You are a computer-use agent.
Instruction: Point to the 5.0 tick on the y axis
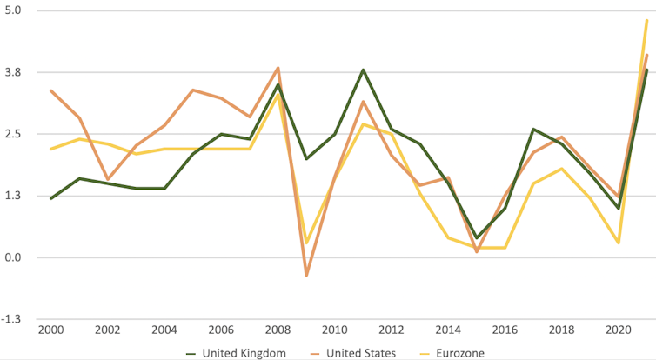click(x=14, y=10)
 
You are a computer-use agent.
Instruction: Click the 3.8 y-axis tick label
click(x=14, y=72)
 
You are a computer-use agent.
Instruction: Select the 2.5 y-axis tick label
click(x=14, y=134)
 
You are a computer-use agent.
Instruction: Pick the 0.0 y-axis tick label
click(x=14, y=257)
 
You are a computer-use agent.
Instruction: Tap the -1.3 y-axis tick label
click(x=13, y=319)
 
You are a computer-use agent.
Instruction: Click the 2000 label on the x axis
click(x=50, y=331)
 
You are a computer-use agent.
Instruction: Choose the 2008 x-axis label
click(x=278, y=331)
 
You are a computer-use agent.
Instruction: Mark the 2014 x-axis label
click(x=448, y=331)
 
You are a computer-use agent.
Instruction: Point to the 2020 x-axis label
click(x=619, y=331)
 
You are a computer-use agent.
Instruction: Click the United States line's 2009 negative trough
click(x=306, y=276)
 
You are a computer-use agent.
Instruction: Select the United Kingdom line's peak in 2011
click(x=363, y=70)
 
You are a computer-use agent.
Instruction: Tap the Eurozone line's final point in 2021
click(x=647, y=20)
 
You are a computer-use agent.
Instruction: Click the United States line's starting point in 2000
click(x=50, y=90)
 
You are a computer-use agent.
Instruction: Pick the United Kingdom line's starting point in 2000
click(x=50, y=198)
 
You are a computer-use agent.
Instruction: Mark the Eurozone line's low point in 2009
click(x=306, y=243)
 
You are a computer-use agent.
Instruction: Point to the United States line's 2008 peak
click(x=278, y=68)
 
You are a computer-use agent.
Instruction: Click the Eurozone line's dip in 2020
click(x=619, y=243)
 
